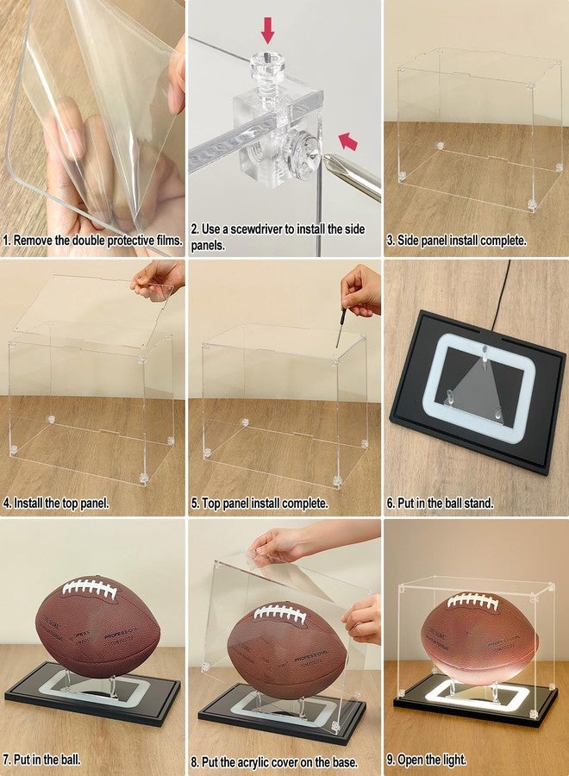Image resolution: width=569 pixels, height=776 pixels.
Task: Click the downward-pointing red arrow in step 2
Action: point(267,29)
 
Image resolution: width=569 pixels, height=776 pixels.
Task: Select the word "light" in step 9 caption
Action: point(454,759)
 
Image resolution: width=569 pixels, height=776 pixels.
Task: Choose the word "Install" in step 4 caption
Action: point(28,504)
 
